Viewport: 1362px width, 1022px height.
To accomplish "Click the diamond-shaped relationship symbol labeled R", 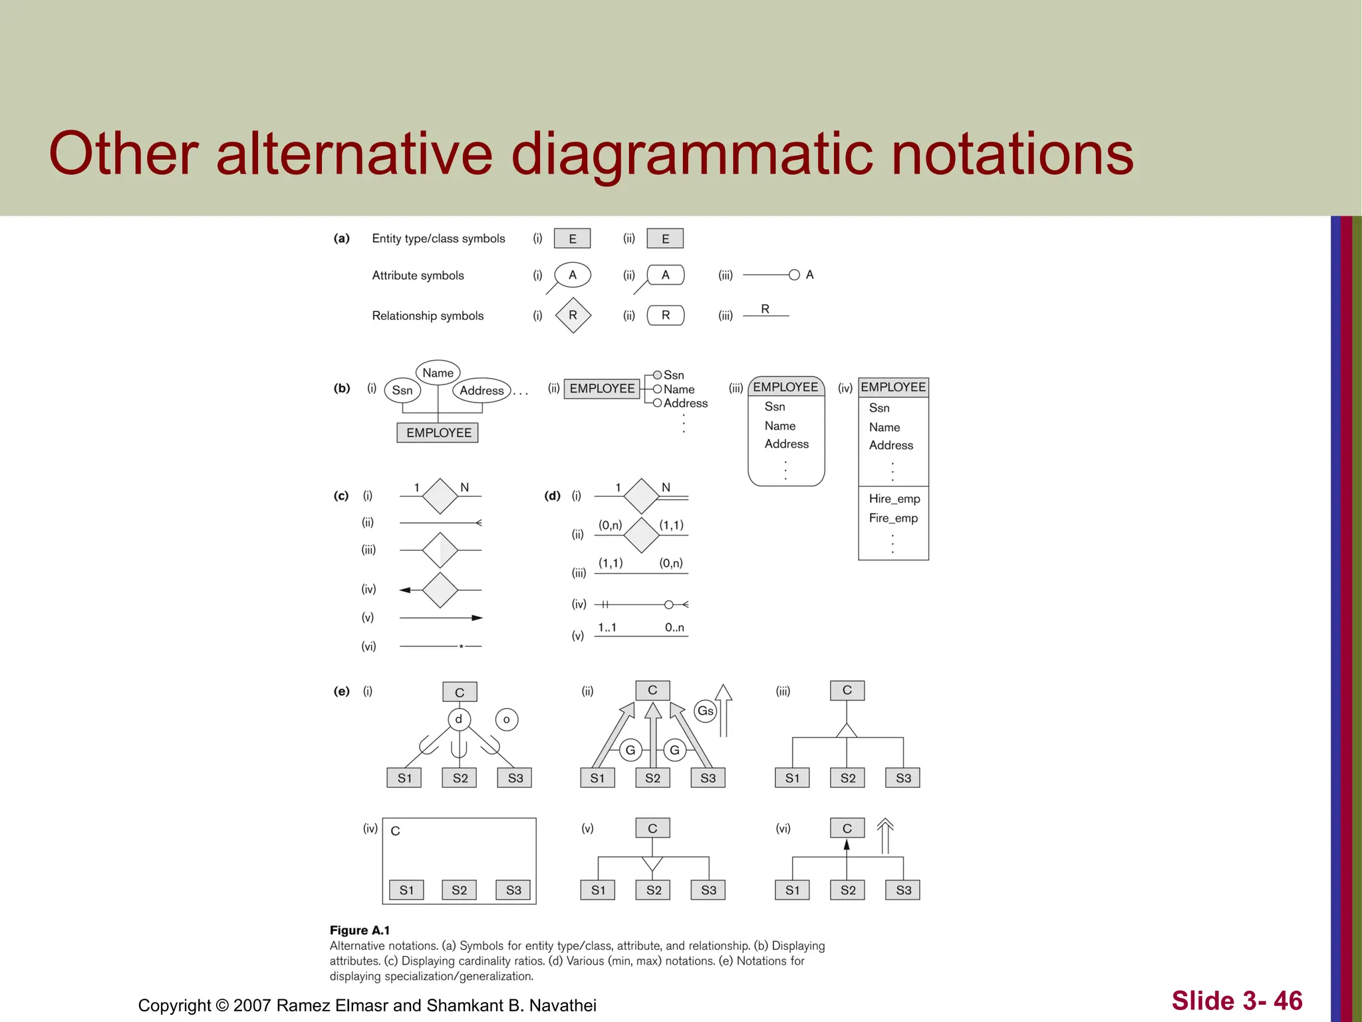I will (573, 315).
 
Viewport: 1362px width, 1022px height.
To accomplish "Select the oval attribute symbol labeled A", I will (572, 275).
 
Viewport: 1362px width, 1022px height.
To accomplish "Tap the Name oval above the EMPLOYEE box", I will (438, 373).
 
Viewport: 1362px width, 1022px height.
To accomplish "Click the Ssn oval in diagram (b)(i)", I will (402, 391).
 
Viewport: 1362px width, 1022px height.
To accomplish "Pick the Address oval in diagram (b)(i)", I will (481, 391).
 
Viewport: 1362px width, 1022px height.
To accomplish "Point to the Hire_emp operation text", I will (894, 499).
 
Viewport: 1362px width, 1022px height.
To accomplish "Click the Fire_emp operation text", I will (893, 518).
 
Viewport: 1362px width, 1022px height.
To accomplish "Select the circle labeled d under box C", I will (459, 719).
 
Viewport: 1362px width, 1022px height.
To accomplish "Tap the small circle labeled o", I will (507, 719).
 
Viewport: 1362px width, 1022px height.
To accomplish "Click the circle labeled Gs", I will (705, 711).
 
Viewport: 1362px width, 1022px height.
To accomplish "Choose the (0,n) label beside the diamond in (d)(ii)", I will (610, 525).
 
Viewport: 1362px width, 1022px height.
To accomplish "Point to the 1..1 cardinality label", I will (607, 627).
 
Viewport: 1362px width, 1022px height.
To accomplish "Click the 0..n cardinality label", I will (674, 627).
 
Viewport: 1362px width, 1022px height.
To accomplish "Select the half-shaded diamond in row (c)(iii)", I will (440, 550).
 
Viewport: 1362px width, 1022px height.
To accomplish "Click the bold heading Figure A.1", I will (360, 930).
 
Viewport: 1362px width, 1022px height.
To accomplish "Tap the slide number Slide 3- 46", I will (1236, 1001).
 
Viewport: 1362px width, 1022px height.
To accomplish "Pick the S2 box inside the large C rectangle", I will (459, 890).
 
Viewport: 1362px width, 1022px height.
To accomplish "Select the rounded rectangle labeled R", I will (665, 315).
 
